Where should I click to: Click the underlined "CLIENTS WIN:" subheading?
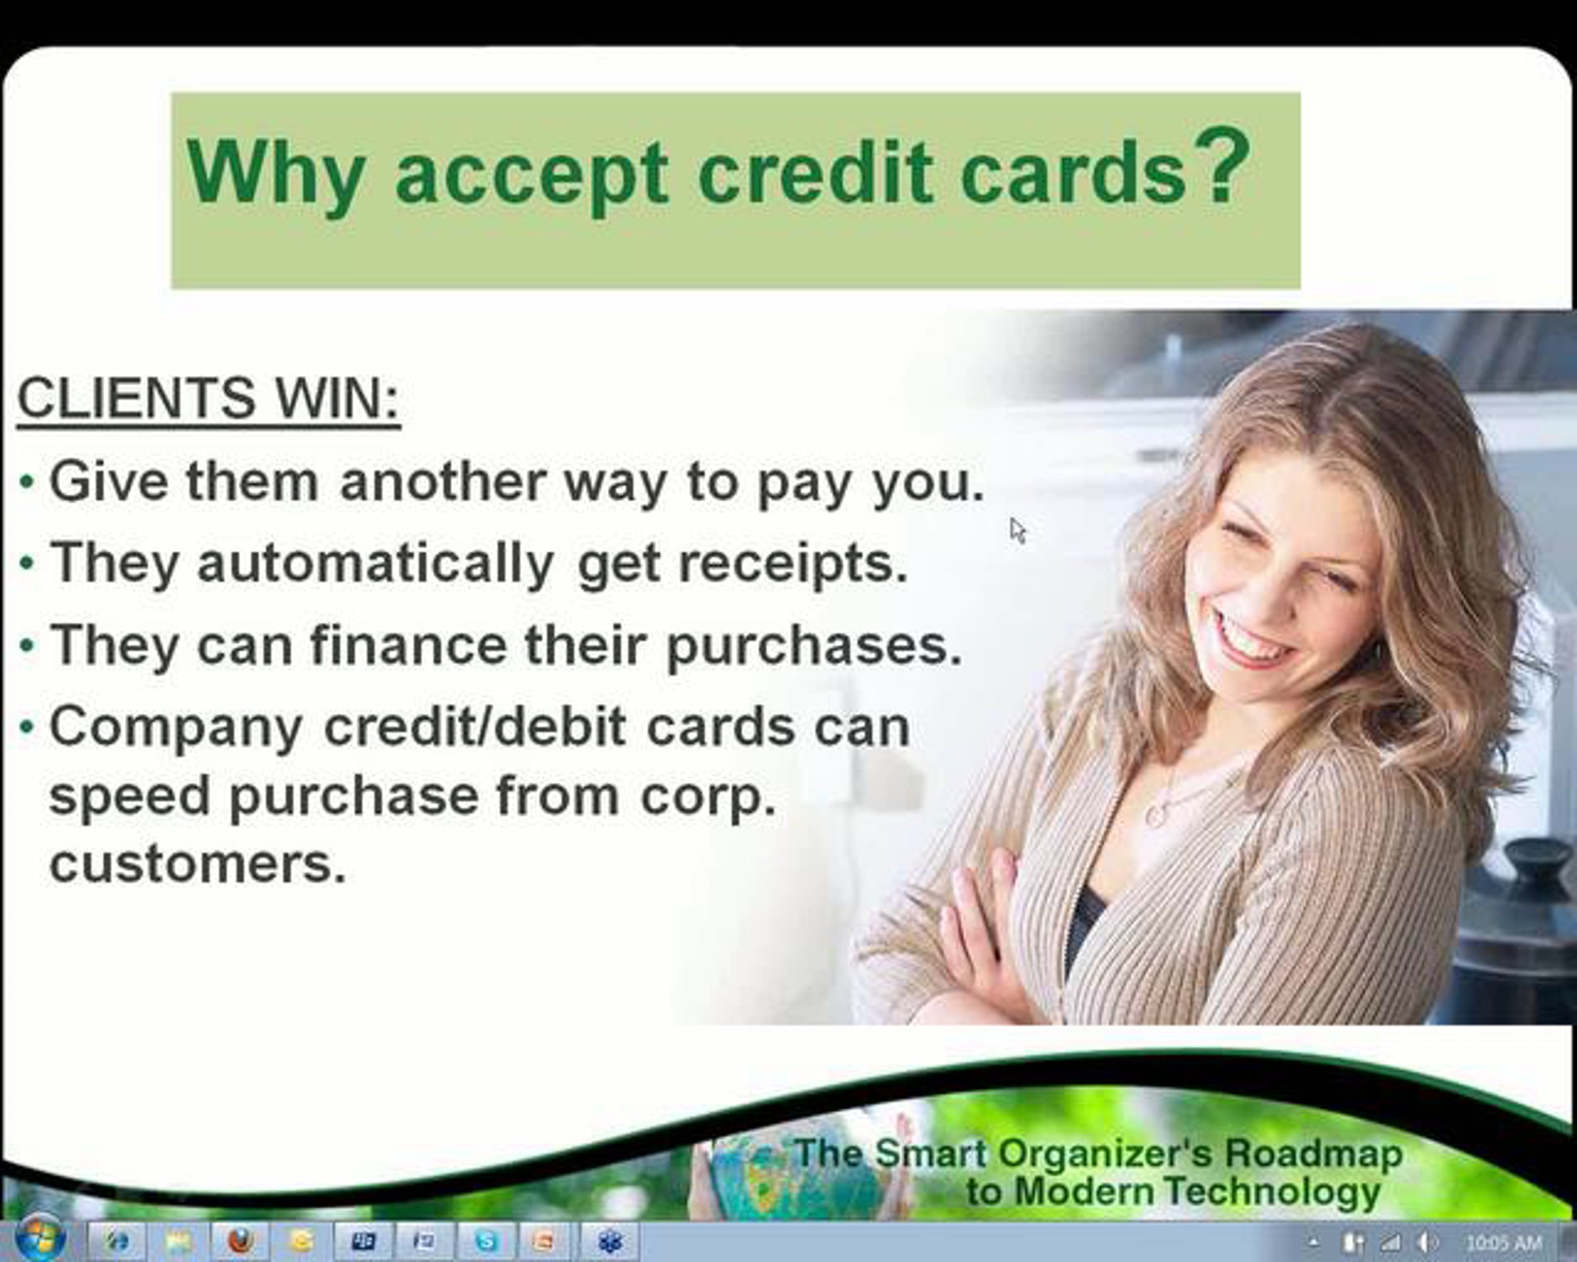209,399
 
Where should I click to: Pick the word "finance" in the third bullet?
408,645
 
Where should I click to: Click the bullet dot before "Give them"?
27,483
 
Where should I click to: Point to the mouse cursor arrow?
1017,530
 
